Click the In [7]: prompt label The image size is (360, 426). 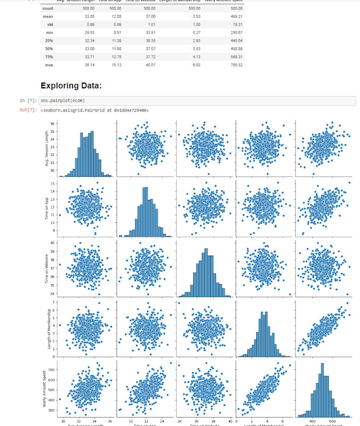tap(29, 100)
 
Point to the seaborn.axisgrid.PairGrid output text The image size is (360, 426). tap(95, 110)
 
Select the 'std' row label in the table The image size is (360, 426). tap(49, 24)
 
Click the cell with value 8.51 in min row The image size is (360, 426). tap(115, 33)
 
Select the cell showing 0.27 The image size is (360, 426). tap(195, 33)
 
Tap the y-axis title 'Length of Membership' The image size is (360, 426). tap(48, 327)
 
